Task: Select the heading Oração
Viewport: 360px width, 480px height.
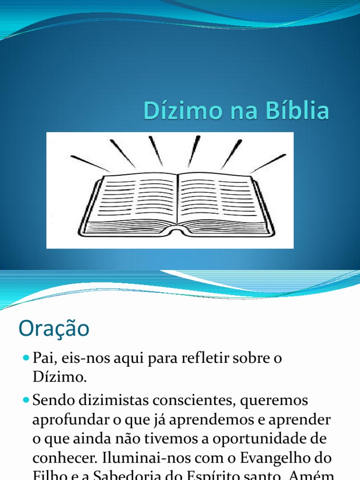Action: click(53, 329)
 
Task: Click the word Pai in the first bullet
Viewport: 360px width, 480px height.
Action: click(43, 358)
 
